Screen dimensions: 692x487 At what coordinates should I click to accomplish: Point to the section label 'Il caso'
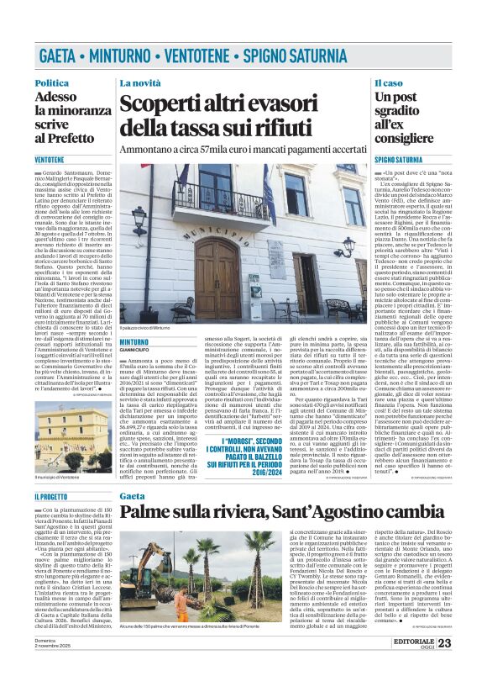click(x=389, y=82)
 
